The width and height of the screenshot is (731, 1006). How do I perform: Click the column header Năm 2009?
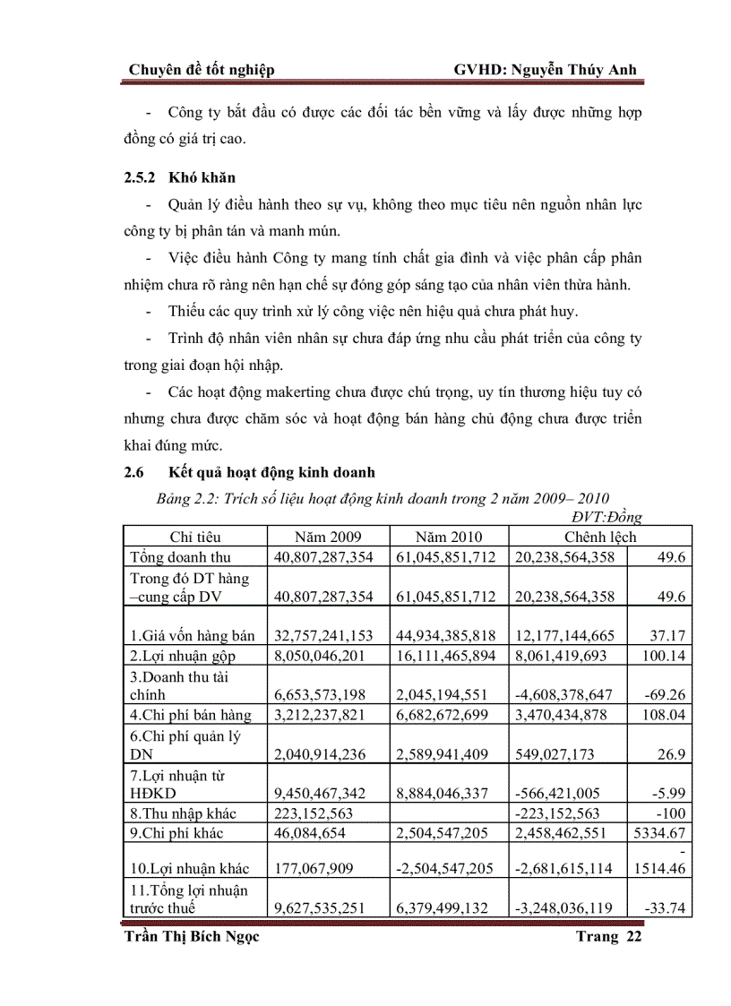click(x=328, y=537)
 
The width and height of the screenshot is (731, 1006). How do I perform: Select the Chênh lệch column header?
click(x=599, y=537)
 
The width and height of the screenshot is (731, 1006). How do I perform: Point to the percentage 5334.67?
click(x=660, y=832)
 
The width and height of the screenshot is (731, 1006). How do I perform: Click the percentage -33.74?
click(x=666, y=907)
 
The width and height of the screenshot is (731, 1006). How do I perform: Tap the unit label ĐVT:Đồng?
click(x=606, y=517)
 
